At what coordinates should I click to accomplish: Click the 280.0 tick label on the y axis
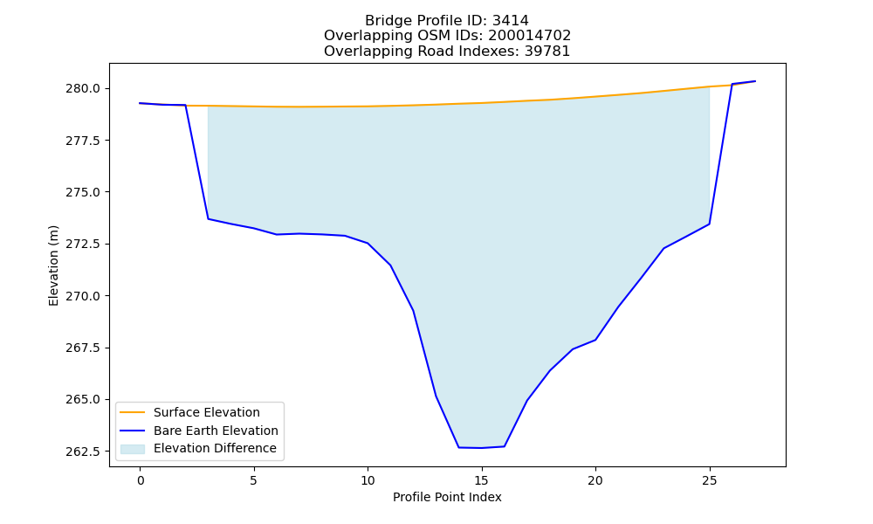point(83,88)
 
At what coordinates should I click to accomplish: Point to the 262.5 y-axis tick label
point(83,451)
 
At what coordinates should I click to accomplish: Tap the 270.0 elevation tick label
point(83,296)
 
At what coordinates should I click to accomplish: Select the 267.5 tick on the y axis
point(83,348)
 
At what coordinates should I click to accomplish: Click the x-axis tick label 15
point(482,480)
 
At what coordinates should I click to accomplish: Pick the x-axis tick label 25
point(709,480)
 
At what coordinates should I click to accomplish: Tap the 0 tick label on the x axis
point(141,480)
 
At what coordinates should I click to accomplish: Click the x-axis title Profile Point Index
point(447,497)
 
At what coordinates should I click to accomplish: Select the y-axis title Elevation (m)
point(53,265)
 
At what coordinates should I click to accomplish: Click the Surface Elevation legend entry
point(207,412)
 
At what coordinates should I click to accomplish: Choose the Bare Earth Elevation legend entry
point(216,431)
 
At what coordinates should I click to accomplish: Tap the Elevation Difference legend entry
point(215,448)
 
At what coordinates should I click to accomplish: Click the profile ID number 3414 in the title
point(511,21)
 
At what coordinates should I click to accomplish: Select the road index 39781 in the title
point(547,52)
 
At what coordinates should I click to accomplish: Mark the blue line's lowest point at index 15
point(482,448)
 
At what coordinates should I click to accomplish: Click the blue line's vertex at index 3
point(209,219)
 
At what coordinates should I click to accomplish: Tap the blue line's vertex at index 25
point(709,224)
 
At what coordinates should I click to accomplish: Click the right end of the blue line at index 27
point(755,81)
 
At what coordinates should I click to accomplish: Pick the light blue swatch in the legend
point(133,449)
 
